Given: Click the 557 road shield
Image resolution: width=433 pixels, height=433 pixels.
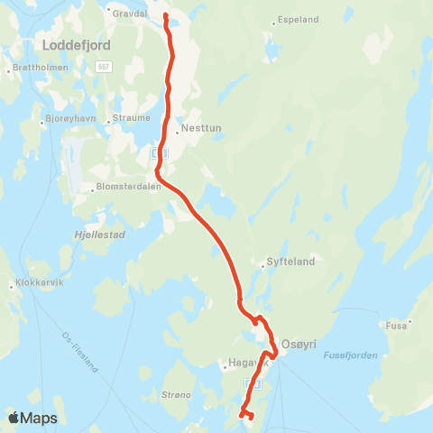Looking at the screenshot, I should [104, 67].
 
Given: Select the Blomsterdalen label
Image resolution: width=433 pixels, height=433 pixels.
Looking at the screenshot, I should [126, 188].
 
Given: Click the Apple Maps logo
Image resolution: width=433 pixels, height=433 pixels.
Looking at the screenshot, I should [32, 418].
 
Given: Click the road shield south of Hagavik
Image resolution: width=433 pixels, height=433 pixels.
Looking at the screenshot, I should [254, 383].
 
